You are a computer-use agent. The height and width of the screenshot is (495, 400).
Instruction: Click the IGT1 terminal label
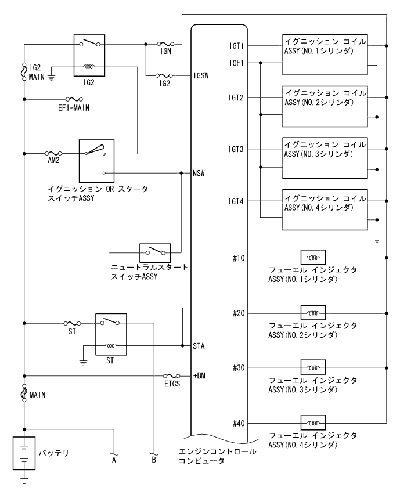pos(236,45)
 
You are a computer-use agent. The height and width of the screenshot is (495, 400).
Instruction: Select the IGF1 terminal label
pos(236,62)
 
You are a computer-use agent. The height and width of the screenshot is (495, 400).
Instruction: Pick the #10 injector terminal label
pos(237,257)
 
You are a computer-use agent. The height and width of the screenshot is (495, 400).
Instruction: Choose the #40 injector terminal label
pos(237,423)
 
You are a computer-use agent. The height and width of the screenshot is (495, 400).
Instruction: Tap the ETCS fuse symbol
pos(171,375)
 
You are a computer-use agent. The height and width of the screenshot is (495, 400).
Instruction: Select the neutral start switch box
pos(155,252)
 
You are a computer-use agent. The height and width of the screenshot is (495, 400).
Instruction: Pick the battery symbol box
pos(24,454)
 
